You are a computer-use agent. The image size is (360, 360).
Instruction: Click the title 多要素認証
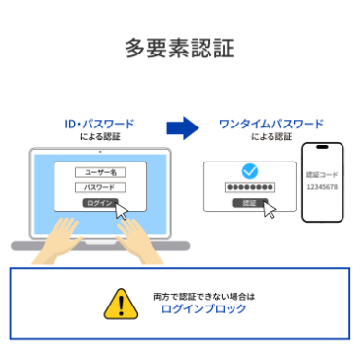pos(179,48)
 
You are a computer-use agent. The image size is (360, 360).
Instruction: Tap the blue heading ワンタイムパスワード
pos(257,125)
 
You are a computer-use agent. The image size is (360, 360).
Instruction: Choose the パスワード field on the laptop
pos(99,187)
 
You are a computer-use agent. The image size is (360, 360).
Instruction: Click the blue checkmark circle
pos(250,170)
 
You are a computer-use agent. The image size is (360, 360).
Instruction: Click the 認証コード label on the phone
pos(321,174)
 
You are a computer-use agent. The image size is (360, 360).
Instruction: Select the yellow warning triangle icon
pos(118,304)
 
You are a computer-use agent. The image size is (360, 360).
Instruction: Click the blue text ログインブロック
pos(204,309)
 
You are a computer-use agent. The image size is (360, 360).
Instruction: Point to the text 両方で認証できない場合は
pos(203,295)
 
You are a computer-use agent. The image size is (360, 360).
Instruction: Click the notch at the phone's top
pos(321,149)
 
